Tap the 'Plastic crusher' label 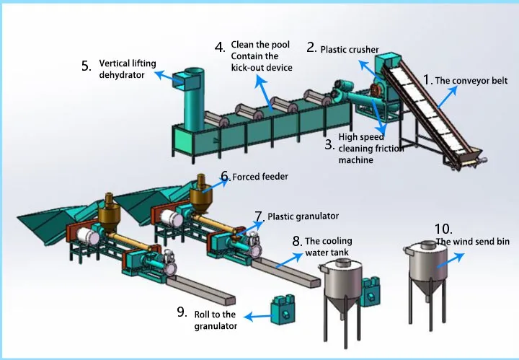point(349,50)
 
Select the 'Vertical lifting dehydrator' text point(128,69)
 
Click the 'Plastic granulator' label point(303,216)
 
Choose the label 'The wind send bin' point(472,242)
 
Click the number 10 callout point(444,230)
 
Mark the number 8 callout point(296,242)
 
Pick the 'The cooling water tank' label point(328,247)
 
